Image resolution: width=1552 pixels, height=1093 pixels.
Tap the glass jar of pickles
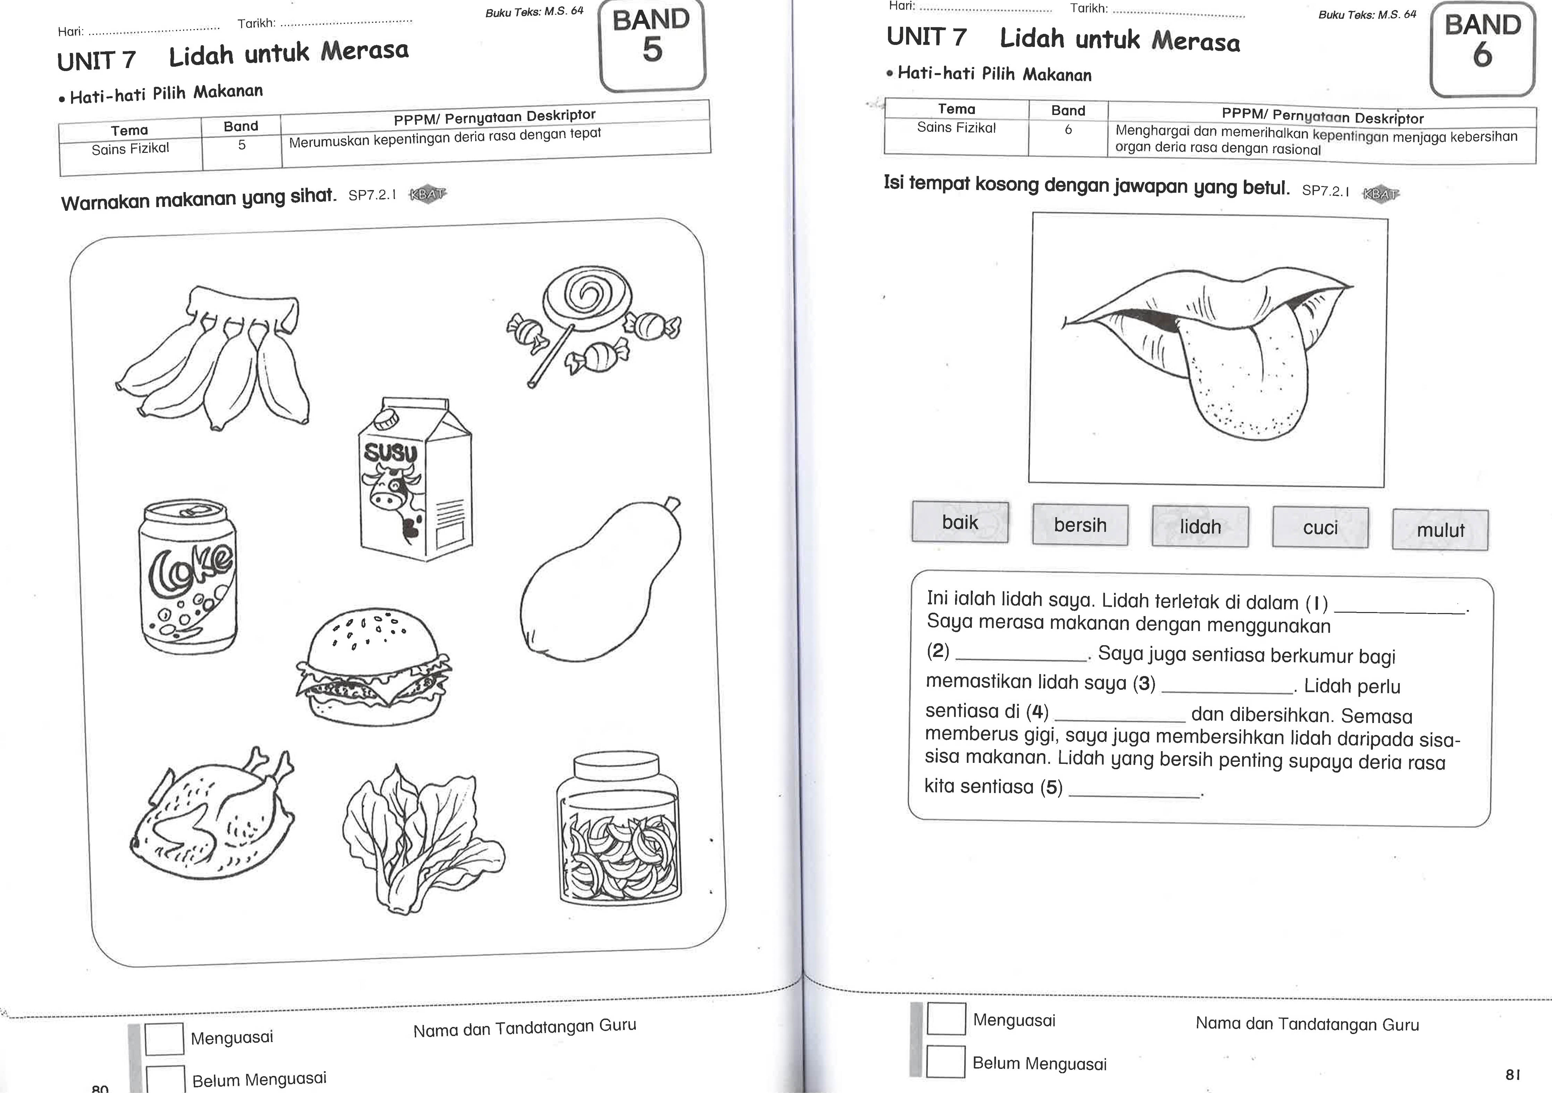[618, 831]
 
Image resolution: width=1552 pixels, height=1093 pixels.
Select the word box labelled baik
[960, 522]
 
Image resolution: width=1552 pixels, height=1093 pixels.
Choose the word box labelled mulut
[1440, 530]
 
